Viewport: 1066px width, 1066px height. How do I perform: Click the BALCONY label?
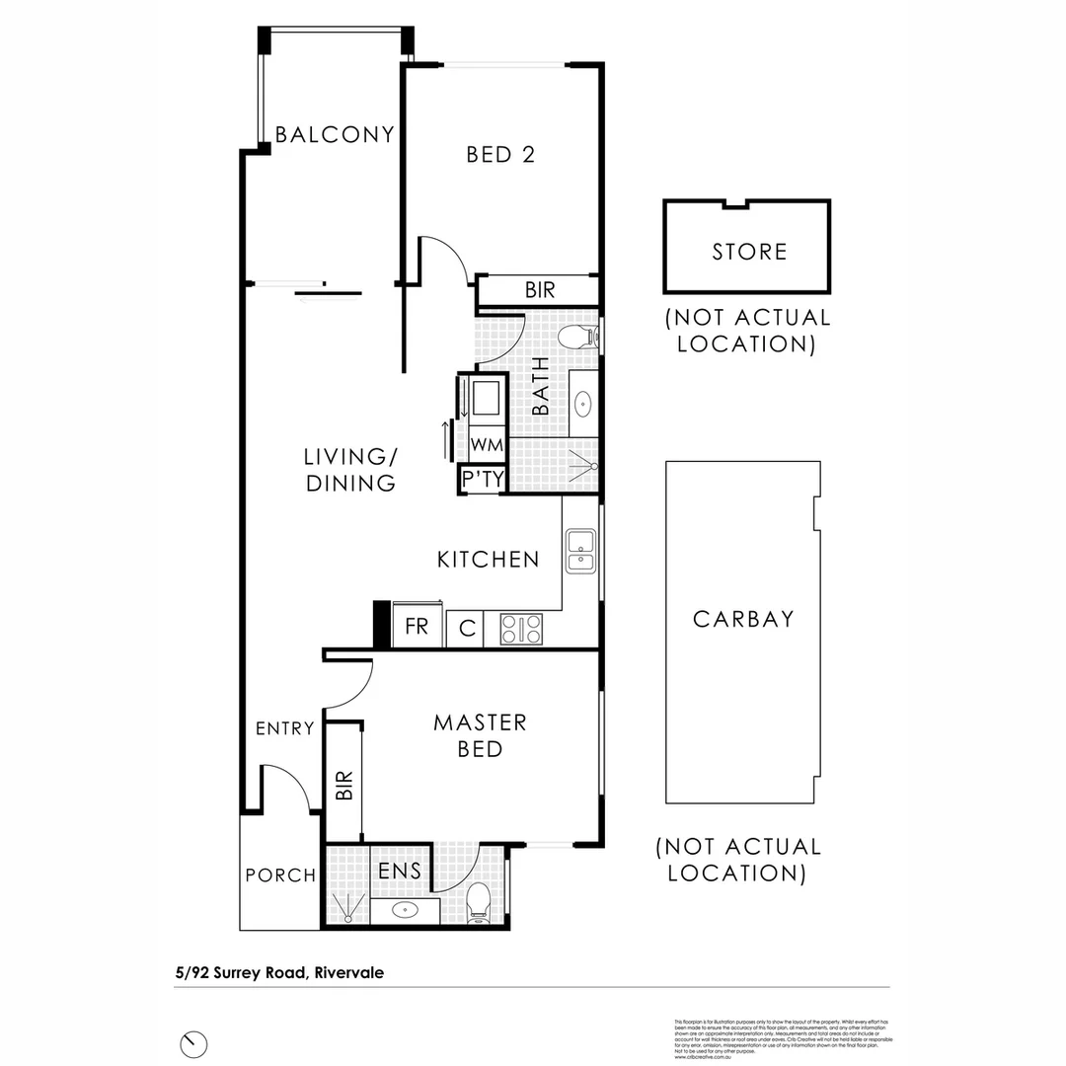tap(335, 134)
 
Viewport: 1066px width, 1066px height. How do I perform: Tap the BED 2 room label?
tap(500, 155)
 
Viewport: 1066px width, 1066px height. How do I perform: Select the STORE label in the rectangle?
tap(749, 252)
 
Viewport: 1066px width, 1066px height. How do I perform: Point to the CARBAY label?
tap(743, 619)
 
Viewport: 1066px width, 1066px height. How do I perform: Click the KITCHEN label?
tap(488, 560)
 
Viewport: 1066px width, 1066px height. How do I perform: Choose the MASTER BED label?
tap(480, 736)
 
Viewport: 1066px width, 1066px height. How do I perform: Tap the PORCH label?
tap(280, 876)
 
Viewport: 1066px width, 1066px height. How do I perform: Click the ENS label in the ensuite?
tap(400, 872)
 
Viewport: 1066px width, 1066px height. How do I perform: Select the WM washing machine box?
tap(486, 445)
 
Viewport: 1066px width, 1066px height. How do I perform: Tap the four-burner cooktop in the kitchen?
tap(520, 629)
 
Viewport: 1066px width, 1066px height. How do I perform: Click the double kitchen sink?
tap(580, 551)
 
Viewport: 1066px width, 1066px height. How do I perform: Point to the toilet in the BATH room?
tap(576, 338)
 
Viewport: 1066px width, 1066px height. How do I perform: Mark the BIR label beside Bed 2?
tap(539, 291)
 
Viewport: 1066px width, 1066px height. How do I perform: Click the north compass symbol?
tap(194, 1042)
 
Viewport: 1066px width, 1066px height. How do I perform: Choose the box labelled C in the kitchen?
tap(467, 629)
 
